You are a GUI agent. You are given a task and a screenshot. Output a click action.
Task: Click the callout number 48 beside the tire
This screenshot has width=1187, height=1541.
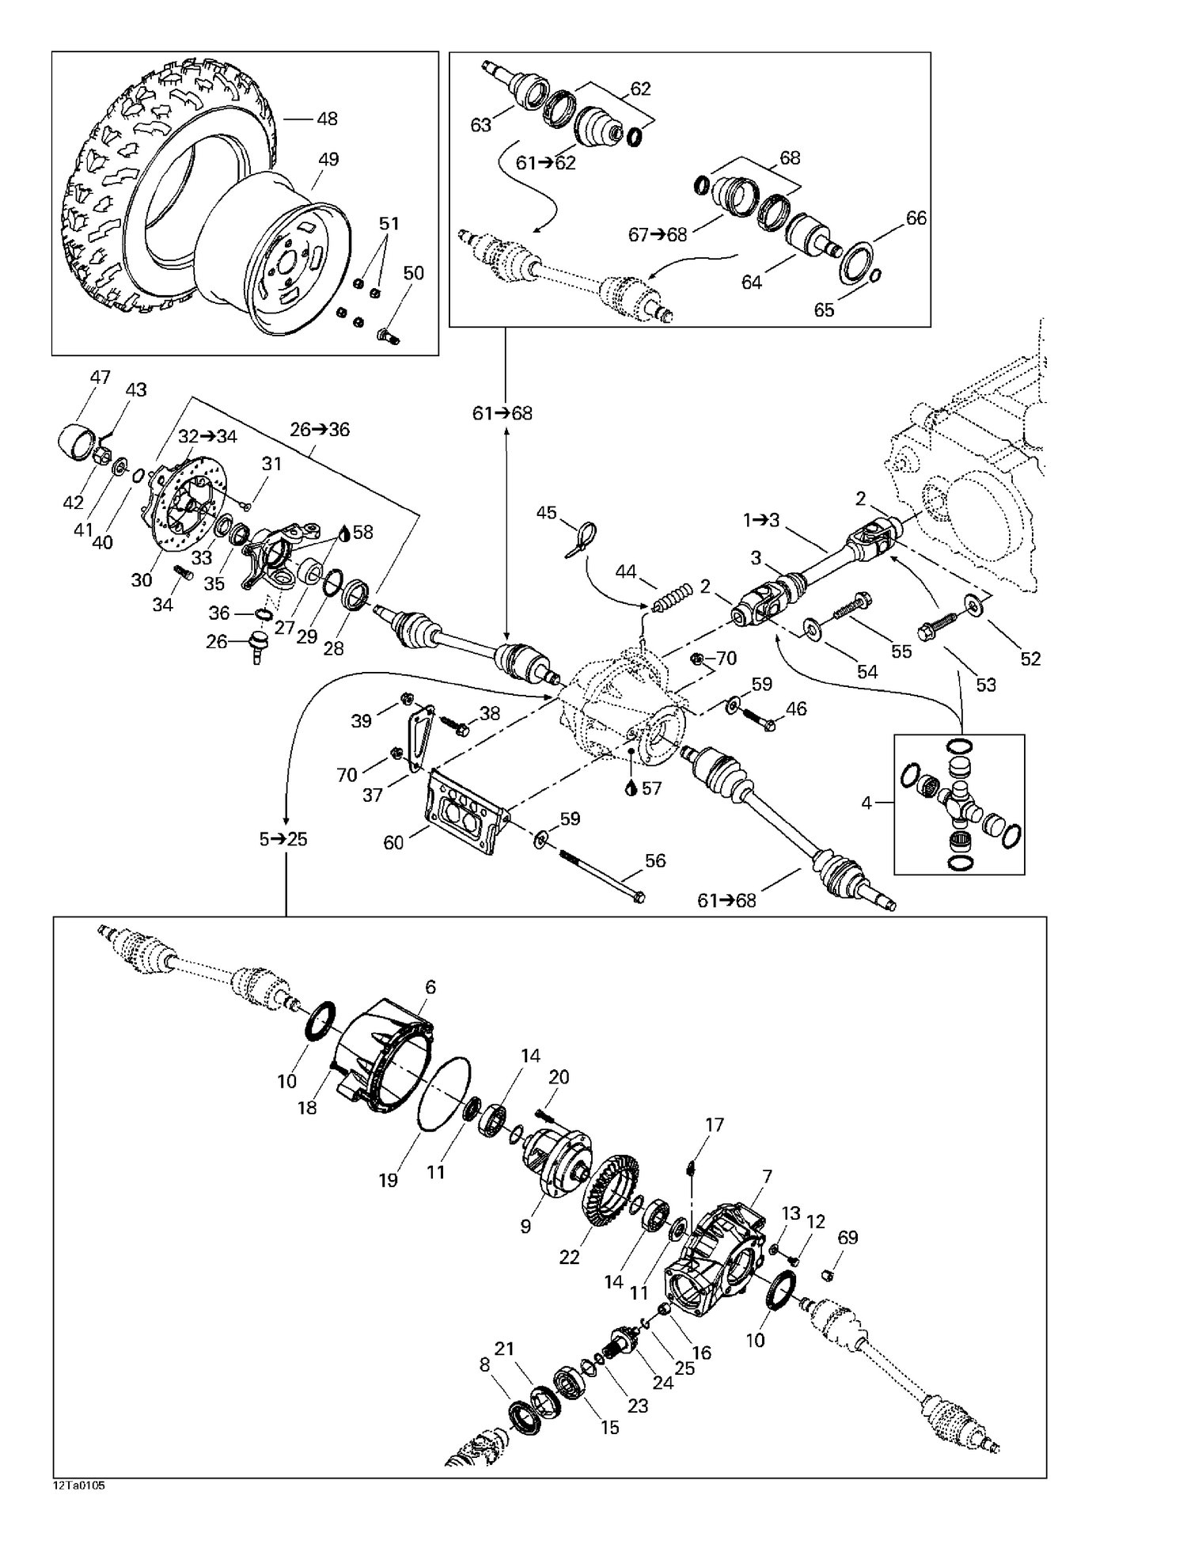pos(326,119)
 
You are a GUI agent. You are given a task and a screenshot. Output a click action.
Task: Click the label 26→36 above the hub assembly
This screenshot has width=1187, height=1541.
pos(320,430)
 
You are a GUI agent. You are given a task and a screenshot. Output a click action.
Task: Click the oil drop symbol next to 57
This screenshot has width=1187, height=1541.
pos(631,788)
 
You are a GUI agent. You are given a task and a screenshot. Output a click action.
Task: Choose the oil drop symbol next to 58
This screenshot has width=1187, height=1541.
pos(343,533)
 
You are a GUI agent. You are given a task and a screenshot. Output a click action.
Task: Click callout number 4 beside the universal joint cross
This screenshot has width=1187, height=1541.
pos(867,803)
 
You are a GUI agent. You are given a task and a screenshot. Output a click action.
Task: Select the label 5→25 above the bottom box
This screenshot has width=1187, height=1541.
pos(283,839)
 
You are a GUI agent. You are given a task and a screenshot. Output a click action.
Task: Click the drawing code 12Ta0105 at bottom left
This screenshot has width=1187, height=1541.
pos(79,1486)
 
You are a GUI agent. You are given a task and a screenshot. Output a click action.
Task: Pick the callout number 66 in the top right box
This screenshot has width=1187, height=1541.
pos(916,218)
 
